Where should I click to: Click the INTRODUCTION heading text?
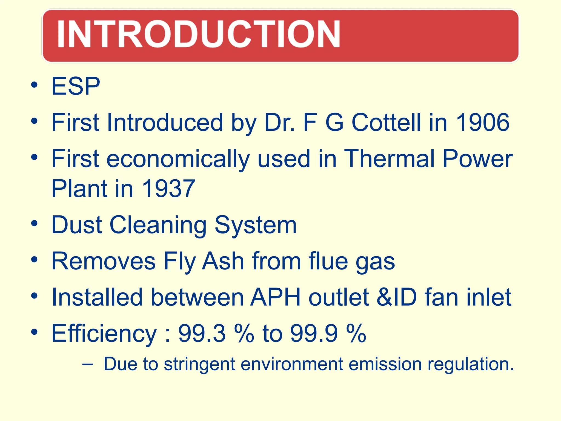click(x=198, y=34)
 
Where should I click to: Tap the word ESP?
click(x=76, y=86)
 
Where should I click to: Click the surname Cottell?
click(x=386, y=123)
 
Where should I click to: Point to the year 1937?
click(x=168, y=188)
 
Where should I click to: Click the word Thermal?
click(x=389, y=159)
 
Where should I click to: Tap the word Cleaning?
click(x=158, y=225)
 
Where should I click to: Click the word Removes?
click(x=104, y=261)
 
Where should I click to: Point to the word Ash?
click(x=223, y=261)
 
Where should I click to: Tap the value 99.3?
click(x=202, y=333)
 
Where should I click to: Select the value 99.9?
click(x=314, y=333)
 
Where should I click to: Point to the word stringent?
click(x=199, y=365)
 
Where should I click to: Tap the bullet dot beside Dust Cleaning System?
click(x=34, y=223)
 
